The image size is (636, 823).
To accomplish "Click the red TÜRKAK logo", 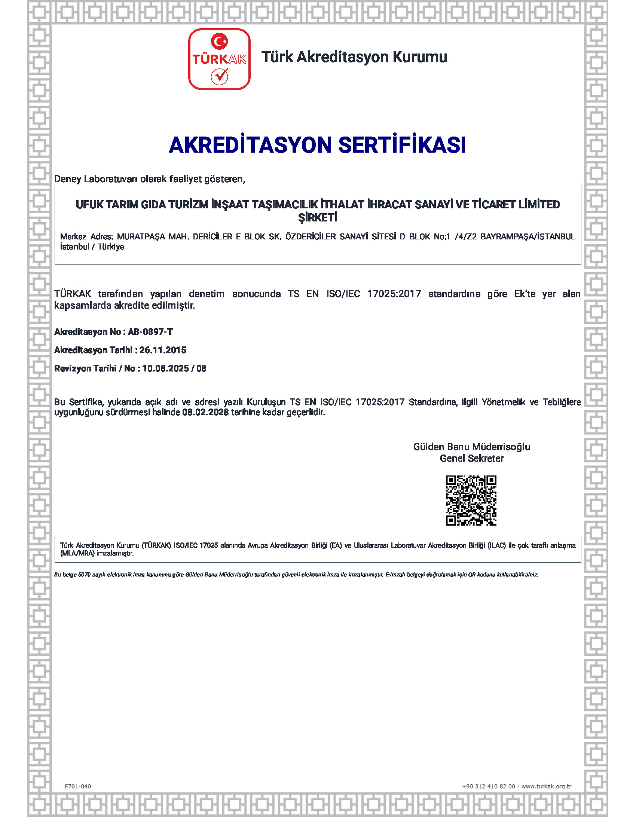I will pos(219,59).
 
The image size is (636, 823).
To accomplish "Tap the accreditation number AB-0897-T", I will pos(150,331).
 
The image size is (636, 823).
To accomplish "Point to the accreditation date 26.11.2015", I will pos(163,350).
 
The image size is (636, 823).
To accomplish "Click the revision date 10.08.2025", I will pos(165,368).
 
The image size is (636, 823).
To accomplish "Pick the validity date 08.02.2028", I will pos(205,412).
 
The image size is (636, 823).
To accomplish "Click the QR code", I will pos(471,501).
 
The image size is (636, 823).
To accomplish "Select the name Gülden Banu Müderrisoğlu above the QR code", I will pos(471,447).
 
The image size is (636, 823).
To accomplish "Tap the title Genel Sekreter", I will pos(471,459).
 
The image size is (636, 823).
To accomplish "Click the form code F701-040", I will pos(78,786).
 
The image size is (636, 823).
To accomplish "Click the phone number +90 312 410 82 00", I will pos(488,786).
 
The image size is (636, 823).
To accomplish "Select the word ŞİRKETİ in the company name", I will pos(318,218).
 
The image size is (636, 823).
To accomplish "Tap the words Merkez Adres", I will pos(86,237).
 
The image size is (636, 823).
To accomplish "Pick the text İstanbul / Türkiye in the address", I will pos(92,247).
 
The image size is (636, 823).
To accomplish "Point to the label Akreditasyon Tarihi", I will pos(93,350).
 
